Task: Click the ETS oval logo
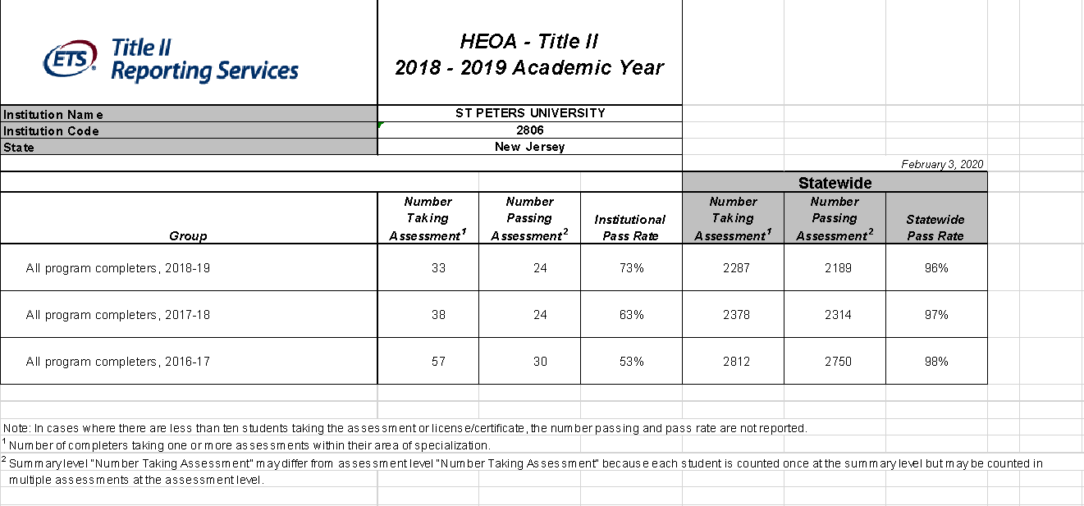click(x=71, y=58)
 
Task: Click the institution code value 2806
click(x=530, y=130)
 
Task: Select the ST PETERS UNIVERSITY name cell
click(x=530, y=113)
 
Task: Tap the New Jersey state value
click(x=530, y=147)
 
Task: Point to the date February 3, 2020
click(x=942, y=165)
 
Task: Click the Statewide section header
click(x=835, y=183)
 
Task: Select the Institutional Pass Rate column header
click(x=630, y=227)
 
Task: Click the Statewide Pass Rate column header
click(x=935, y=227)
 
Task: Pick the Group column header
click(x=188, y=236)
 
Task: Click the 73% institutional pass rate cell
click(x=632, y=268)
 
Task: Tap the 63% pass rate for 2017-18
click(x=632, y=315)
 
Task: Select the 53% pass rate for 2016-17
click(x=632, y=362)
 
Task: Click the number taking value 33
click(x=438, y=268)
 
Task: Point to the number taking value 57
click(x=438, y=362)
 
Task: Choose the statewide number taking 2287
click(x=736, y=268)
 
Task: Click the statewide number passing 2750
click(x=838, y=362)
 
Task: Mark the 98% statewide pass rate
click(x=936, y=362)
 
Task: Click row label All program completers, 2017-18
click(x=117, y=315)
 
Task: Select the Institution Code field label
click(x=51, y=131)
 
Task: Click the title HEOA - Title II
click(x=529, y=42)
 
